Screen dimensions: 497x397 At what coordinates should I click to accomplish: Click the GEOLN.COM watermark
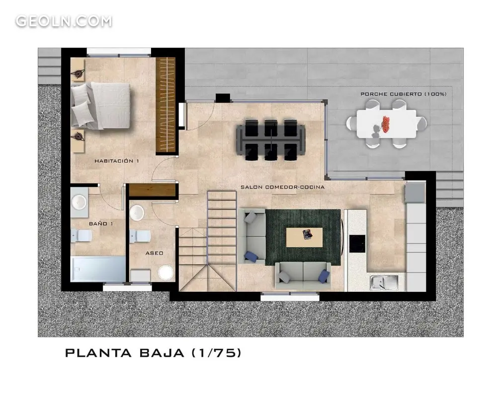click(x=64, y=21)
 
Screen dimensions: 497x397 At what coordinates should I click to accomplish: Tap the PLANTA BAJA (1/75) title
click(x=153, y=353)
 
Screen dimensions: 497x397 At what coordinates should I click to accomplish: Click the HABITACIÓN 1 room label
click(x=117, y=161)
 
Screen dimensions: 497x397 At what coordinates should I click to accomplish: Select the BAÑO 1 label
click(x=101, y=223)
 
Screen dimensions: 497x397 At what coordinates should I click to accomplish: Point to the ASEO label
click(x=155, y=253)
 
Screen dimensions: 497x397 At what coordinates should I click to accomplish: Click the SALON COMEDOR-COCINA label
click(x=282, y=187)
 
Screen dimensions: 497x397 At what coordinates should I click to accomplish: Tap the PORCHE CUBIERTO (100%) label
click(x=404, y=94)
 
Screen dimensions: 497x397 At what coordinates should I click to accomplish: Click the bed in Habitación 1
click(x=100, y=106)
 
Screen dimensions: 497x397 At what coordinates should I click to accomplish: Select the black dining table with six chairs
click(x=271, y=139)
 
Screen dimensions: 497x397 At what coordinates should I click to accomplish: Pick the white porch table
click(x=386, y=124)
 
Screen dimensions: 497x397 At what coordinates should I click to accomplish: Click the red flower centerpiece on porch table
click(x=386, y=125)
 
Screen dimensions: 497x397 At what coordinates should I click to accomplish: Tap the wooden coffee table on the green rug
click(x=304, y=237)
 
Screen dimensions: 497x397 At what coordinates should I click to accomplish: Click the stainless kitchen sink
click(x=384, y=282)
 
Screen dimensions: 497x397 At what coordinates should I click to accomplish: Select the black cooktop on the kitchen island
click(x=357, y=244)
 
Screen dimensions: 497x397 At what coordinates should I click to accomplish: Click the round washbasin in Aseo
click(x=137, y=213)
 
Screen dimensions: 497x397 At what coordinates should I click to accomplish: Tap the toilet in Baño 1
click(x=82, y=236)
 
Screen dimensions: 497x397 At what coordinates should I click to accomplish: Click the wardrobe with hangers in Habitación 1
click(x=166, y=105)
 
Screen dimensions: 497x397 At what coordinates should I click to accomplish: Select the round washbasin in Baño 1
click(x=79, y=202)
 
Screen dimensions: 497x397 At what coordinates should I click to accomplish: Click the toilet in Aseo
click(x=140, y=237)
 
